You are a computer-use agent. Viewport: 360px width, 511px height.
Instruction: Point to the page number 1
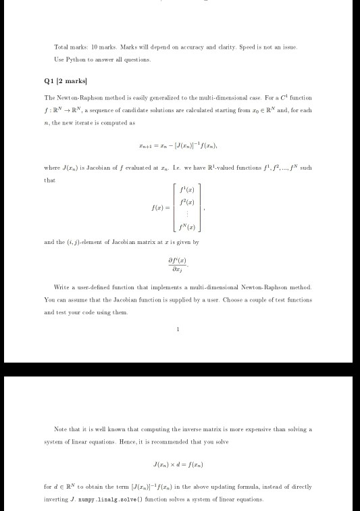(x=178, y=330)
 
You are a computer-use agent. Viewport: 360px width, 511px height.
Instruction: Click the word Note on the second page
(x=61, y=429)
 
